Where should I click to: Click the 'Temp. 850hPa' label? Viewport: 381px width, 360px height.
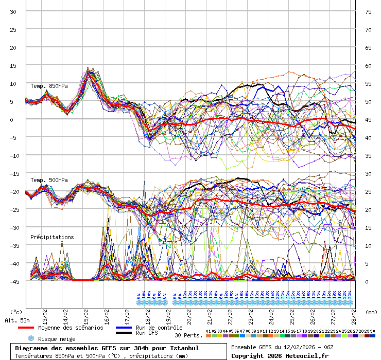tap(49, 86)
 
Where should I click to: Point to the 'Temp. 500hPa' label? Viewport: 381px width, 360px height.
tap(49, 180)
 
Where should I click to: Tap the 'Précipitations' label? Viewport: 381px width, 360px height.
tap(52, 237)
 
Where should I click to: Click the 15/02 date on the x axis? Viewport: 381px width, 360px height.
tap(86, 313)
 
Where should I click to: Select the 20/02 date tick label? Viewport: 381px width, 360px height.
tap(189, 313)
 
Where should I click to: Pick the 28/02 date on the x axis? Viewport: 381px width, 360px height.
tap(354, 313)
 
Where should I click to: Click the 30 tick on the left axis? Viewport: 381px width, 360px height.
tap(13, 12)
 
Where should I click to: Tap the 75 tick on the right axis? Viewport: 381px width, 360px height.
tap(368, 12)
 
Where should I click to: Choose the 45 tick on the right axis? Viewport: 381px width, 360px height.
tap(368, 120)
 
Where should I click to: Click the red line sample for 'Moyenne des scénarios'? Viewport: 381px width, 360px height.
tap(26, 328)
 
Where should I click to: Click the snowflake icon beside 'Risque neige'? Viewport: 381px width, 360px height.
tap(30, 338)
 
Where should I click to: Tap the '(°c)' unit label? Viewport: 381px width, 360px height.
tap(16, 312)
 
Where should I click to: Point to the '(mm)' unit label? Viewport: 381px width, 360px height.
tap(372, 312)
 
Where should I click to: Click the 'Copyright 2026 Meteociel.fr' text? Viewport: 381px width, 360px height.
tap(280, 355)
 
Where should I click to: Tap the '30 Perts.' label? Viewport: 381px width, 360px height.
tap(188, 335)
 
